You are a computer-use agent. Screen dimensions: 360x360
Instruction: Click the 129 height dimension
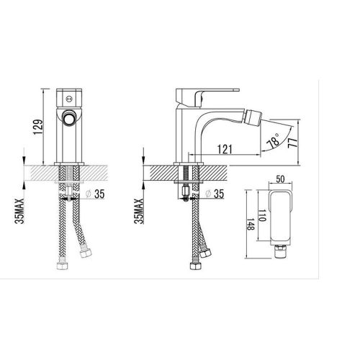tap(38, 127)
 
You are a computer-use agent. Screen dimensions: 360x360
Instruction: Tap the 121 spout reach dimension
tap(225, 149)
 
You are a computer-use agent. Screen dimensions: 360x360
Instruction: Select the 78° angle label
tap(274, 141)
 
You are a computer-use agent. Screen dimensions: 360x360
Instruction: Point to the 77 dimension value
tap(293, 143)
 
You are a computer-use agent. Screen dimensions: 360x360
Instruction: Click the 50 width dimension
tap(280, 179)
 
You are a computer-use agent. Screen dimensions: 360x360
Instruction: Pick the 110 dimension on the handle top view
tap(262, 215)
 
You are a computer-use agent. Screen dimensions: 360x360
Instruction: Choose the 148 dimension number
tap(250, 224)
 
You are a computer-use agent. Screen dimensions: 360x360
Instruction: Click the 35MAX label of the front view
tap(19, 211)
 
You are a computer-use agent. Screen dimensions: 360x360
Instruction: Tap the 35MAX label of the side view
tap(139, 211)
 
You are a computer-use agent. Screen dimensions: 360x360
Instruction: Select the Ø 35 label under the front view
tap(95, 194)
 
